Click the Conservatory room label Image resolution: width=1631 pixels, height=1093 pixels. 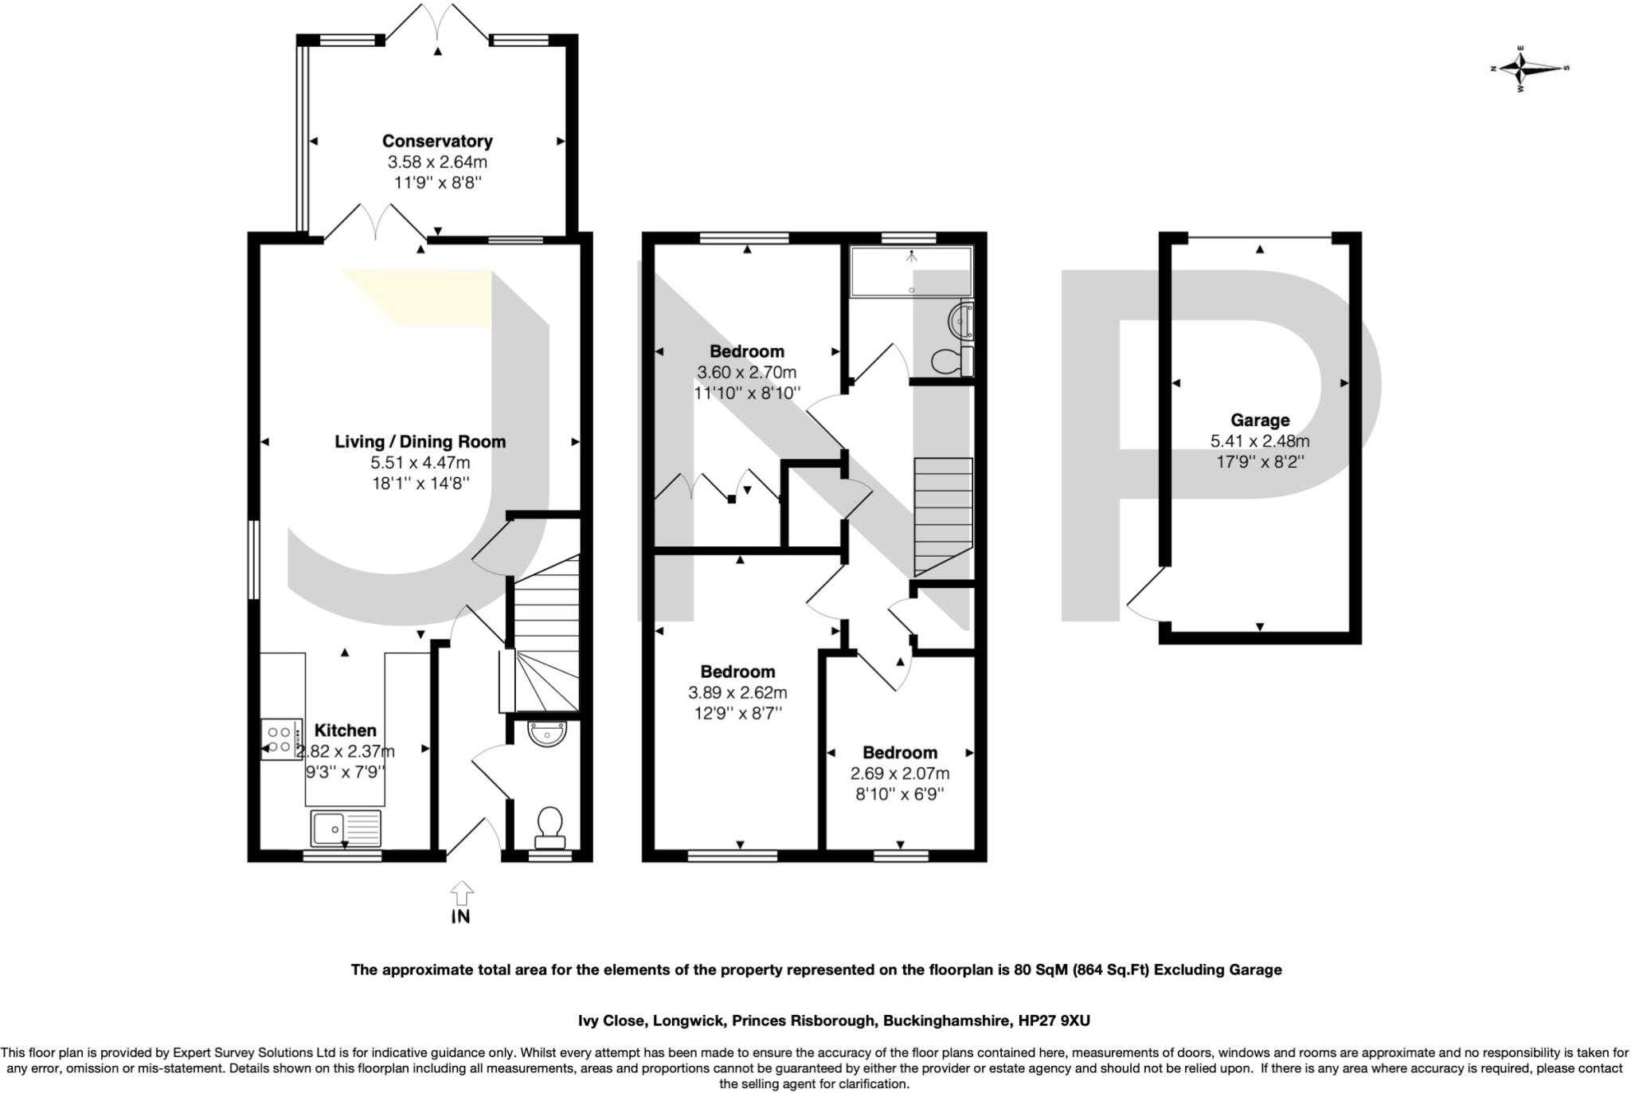437,141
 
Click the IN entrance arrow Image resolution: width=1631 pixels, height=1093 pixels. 461,901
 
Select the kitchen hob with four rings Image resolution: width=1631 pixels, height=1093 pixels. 281,739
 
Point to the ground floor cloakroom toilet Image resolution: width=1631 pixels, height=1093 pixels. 550,826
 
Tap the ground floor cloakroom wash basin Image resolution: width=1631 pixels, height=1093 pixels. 548,733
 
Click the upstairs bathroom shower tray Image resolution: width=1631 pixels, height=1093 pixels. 911,271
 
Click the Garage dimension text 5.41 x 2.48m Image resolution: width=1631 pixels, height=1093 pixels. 1259,441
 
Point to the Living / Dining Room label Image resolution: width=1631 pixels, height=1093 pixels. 420,441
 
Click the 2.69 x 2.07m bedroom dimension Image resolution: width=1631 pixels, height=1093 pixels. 900,774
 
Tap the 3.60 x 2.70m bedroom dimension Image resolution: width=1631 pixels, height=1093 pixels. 746,372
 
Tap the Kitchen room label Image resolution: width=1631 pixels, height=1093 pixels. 345,731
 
